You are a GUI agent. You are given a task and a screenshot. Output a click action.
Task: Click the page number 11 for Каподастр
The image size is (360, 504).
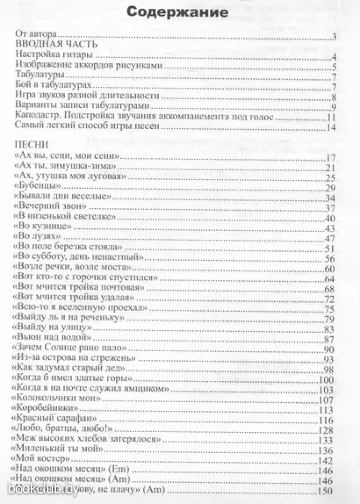coord(331,117)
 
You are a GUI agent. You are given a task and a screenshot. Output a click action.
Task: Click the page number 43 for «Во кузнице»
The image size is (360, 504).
coord(330,228)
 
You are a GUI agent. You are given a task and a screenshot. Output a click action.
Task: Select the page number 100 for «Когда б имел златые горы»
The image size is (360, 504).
coord(327,380)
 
